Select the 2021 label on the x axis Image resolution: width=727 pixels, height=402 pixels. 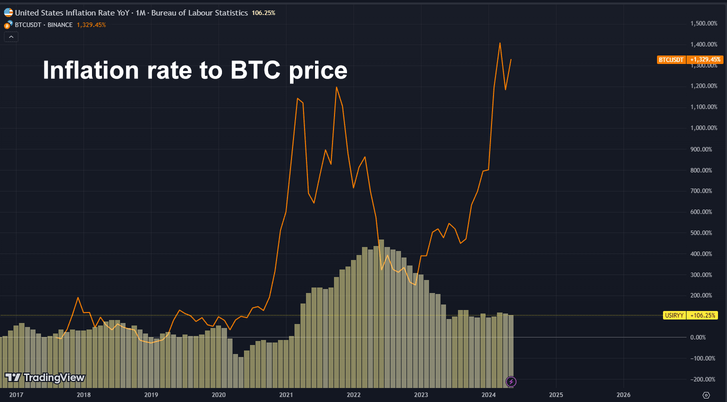coord(286,394)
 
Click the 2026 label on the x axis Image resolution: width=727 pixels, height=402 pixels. coord(624,394)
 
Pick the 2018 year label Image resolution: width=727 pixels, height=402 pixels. coord(83,394)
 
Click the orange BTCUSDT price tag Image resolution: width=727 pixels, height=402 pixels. coord(671,59)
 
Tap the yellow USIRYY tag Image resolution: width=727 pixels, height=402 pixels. coord(674,315)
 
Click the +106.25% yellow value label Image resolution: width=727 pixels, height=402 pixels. coord(702,315)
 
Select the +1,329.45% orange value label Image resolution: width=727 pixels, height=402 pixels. coord(705,59)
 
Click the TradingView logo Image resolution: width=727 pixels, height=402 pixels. coord(45,377)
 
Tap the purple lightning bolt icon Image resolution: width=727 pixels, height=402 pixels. coord(511,382)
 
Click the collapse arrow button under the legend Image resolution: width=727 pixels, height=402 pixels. coord(11,36)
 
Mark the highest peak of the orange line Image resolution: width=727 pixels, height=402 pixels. coord(499,43)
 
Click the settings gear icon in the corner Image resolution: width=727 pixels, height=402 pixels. coord(706,394)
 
